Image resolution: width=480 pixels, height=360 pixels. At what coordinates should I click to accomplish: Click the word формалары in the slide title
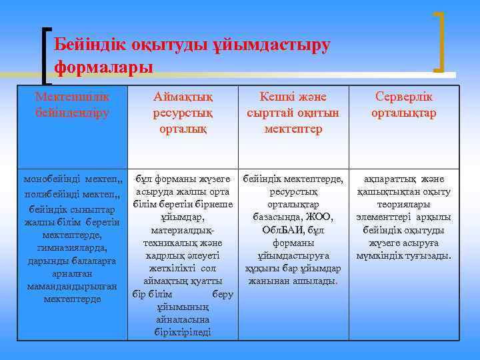tap(103, 67)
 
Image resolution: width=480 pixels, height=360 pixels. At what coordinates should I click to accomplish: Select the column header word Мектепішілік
tap(73, 97)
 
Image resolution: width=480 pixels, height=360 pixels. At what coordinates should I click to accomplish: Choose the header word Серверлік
tap(404, 97)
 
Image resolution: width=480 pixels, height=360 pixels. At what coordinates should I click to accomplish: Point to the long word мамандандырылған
tap(73, 286)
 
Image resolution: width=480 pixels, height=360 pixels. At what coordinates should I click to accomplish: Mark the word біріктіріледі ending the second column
tap(183, 332)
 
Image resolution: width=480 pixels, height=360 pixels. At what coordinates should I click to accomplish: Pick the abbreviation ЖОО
tap(319, 217)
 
